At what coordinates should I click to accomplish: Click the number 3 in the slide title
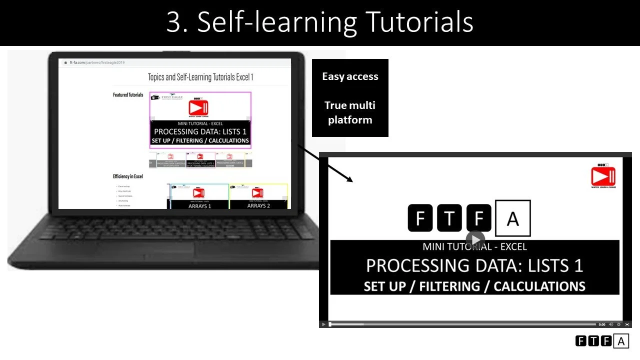[173, 22]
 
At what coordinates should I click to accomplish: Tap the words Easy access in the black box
[350, 76]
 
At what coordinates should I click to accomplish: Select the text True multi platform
[350, 112]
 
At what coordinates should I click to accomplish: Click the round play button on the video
[475, 239]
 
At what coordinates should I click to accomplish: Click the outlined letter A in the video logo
[512, 218]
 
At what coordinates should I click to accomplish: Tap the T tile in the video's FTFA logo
[449, 218]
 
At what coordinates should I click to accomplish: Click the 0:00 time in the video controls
[602, 324]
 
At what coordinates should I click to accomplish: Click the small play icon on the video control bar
[323, 324]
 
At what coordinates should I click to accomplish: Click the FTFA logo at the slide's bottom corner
[602, 341]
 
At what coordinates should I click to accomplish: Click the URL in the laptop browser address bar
[90, 63]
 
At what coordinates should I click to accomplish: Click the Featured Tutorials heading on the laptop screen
[128, 95]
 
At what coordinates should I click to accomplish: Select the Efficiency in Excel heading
[128, 176]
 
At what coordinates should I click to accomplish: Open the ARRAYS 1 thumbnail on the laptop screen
[199, 196]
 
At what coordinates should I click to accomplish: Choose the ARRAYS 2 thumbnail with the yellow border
[258, 196]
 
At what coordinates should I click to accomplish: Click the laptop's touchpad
[160, 250]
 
